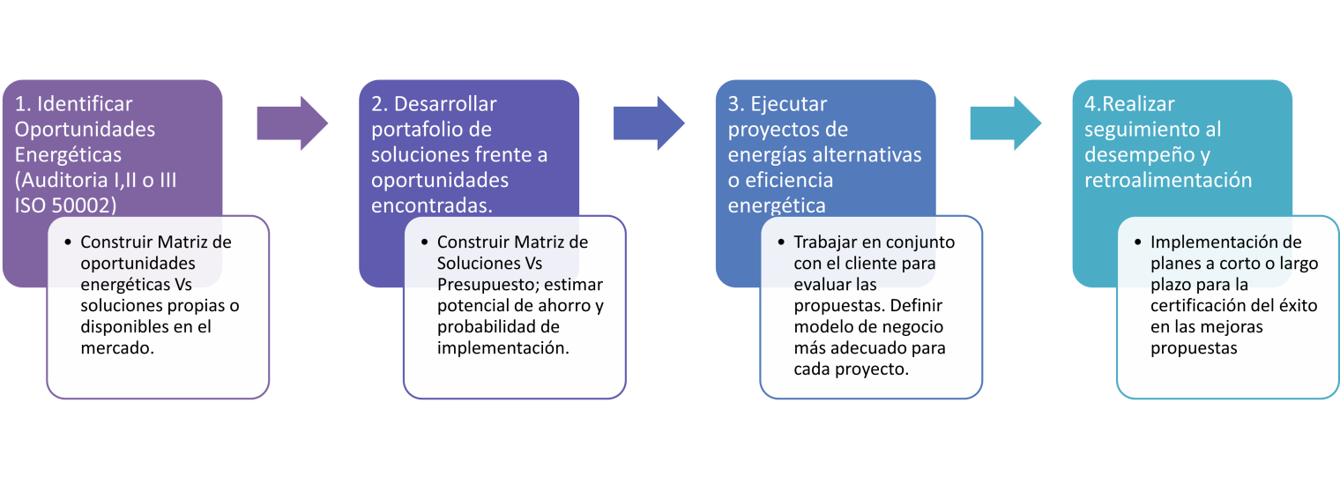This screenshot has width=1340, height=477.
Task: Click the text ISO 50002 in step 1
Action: pos(56,205)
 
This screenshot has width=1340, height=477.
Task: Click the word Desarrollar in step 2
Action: pos(446,104)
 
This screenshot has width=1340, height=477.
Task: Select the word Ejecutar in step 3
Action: pos(789,104)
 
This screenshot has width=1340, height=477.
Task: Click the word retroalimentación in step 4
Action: pos(1168,180)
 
